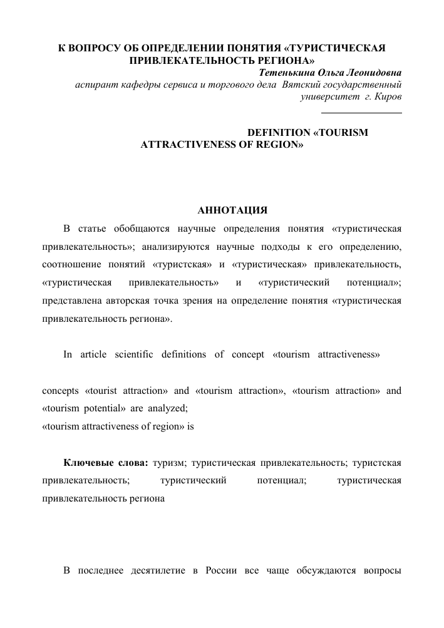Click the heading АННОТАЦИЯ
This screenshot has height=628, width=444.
(232, 209)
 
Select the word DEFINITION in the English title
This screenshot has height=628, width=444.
(277, 132)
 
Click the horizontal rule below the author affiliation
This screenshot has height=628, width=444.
(361, 113)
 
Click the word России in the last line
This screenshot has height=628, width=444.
(216, 570)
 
